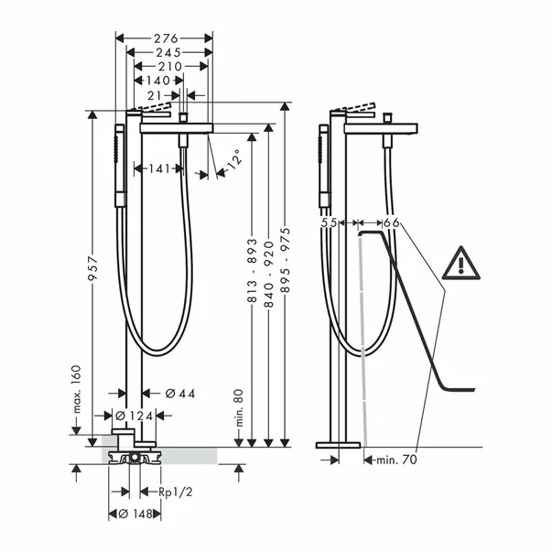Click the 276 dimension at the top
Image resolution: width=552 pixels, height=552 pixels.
point(165,38)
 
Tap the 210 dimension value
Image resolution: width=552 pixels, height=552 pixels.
point(169,66)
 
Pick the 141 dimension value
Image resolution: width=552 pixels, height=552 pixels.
point(157,168)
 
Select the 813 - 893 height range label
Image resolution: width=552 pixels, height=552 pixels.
point(252,276)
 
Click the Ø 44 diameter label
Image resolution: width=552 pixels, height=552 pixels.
point(181,394)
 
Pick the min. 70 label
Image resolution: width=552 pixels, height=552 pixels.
point(396,460)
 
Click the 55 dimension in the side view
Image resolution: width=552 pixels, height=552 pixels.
point(330,222)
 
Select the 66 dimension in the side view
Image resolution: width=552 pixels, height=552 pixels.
point(391,222)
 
